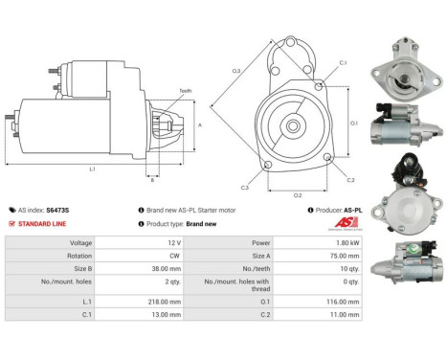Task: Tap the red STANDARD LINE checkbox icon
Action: [x=11, y=223]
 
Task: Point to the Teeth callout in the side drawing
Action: [x=185, y=91]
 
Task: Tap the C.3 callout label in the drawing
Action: [x=245, y=188]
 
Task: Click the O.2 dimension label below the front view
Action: [x=298, y=195]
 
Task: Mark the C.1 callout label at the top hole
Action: [x=344, y=63]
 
